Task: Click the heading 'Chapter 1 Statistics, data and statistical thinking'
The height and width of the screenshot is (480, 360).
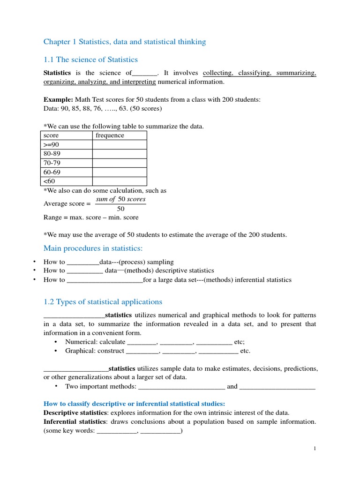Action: click(x=124, y=42)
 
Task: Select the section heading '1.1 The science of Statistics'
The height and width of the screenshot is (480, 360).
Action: click(x=90, y=60)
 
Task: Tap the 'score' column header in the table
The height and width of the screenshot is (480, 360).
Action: click(x=51, y=135)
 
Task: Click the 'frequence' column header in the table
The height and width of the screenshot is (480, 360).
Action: click(x=110, y=135)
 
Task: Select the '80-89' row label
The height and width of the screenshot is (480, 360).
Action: click(x=52, y=154)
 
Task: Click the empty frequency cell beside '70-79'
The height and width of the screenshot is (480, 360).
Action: click(x=119, y=163)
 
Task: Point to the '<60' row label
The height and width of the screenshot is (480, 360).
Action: click(x=49, y=181)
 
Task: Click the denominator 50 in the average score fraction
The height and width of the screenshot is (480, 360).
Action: click(x=120, y=209)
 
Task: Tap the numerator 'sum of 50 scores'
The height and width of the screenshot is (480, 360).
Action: click(x=120, y=199)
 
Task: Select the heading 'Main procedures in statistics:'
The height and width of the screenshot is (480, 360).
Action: click(x=93, y=248)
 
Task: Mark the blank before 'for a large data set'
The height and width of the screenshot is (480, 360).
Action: click(x=105, y=280)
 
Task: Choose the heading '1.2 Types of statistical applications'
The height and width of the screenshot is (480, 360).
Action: click(x=103, y=302)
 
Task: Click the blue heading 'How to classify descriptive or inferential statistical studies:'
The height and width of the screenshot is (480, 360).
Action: click(x=134, y=404)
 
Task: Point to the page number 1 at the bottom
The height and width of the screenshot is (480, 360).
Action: click(x=315, y=449)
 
